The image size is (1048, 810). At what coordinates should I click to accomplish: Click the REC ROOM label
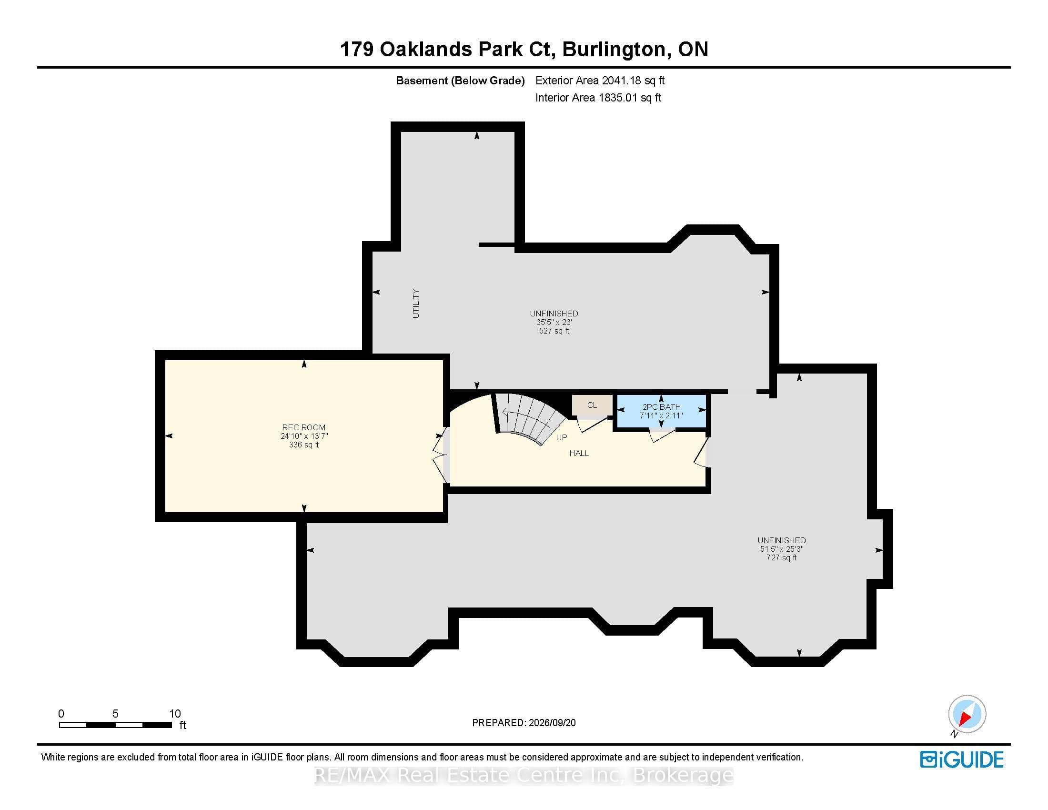[304, 427]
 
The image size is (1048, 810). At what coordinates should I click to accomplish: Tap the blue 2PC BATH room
[661, 411]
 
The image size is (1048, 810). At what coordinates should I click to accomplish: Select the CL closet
[592, 405]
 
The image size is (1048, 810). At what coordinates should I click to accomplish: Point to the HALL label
[579, 453]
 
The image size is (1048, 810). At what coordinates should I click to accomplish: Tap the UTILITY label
[416, 303]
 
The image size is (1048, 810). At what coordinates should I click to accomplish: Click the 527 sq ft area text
[554, 331]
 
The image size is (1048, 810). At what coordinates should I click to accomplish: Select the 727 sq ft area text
[782, 557]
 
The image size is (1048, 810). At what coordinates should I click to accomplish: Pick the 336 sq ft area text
[304, 445]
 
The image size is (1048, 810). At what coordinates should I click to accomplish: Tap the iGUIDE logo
[962, 759]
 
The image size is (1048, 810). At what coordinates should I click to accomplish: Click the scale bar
[116, 725]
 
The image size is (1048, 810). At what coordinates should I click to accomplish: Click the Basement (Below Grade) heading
[460, 81]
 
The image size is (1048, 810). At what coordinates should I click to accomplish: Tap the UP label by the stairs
[562, 437]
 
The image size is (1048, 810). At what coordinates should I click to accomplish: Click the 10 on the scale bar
[175, 714]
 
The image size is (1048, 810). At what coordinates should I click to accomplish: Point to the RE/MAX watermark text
[524, 775]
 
